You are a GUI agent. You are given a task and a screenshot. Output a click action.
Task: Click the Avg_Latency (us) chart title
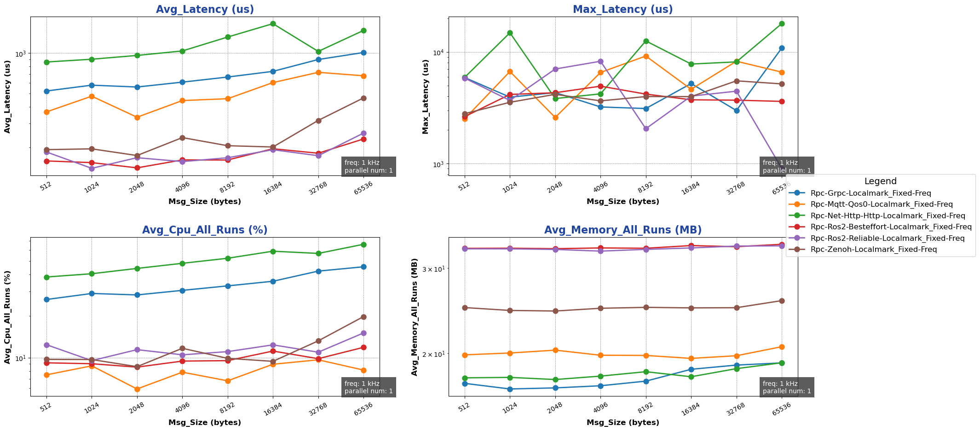[x=205, y=9]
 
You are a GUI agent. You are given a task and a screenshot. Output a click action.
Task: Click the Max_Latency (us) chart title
[x=623, y=9]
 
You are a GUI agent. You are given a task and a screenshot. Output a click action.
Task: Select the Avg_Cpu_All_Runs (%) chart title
[x=205, y=230]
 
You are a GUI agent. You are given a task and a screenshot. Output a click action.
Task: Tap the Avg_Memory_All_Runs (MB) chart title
[x=623, y=230]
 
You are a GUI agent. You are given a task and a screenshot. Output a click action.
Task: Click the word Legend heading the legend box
[x=880, y=181]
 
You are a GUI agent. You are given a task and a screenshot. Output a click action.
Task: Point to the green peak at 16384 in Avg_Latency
[x=273, y=23]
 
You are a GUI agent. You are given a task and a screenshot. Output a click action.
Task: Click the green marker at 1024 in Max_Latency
[x=510, y=33]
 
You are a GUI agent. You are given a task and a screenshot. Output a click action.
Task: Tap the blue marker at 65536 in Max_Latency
[x=782, y=48]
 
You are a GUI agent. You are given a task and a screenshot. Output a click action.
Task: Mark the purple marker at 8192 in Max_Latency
[x=646, y=128]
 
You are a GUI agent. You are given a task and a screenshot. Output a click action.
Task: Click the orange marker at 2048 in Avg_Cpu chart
[x=137, y=389]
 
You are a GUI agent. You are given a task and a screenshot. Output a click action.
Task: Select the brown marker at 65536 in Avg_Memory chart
[x=782, y=301]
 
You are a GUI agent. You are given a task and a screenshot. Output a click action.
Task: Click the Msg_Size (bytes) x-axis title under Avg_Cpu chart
[x=205, y=422]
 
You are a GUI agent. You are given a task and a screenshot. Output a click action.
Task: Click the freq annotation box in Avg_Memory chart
[x=787, y=387]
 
